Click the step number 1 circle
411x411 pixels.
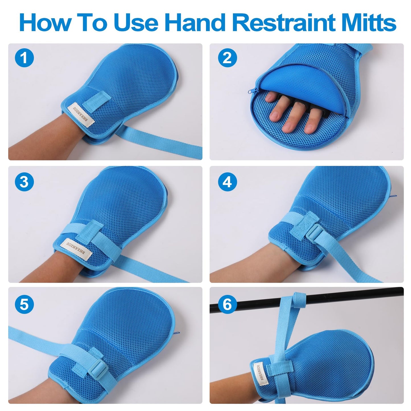(24, 58)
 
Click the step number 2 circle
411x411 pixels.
(227, 58)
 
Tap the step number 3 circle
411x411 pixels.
(24, 181)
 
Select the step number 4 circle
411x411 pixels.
(227, 181)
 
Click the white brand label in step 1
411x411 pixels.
(81, 115)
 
